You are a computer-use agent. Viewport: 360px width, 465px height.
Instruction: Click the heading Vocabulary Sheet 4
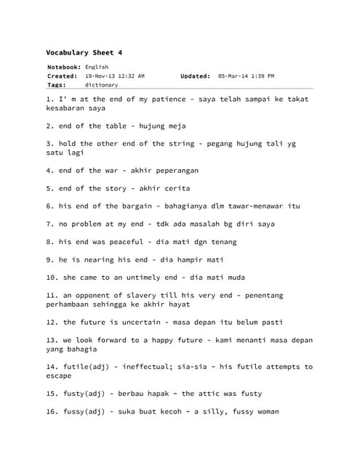click(84, 53)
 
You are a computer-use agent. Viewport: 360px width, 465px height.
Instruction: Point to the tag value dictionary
click(101, 84)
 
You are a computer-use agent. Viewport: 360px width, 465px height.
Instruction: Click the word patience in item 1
click(174, 99)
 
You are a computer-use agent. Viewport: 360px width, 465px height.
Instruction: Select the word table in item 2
click(116, 126)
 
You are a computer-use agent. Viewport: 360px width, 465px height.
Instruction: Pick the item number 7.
click(49, 224)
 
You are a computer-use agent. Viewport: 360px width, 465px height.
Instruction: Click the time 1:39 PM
click(260, 76)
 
